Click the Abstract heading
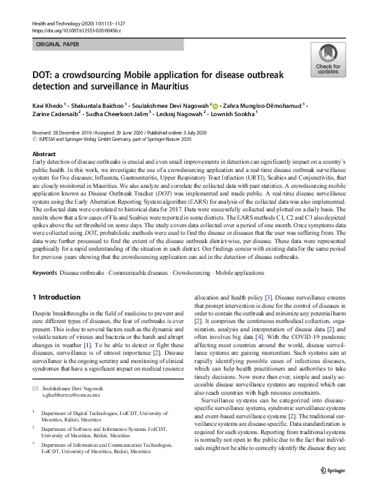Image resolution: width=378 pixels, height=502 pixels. (43, 154)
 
